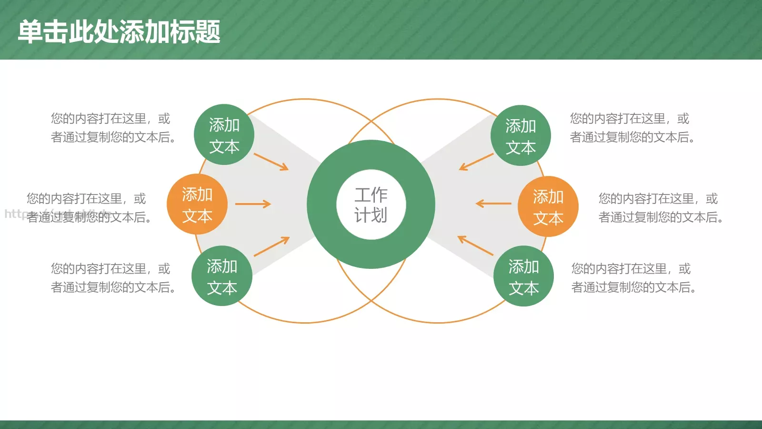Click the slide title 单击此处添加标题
119,32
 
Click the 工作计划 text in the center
371,204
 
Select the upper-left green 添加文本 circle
224,135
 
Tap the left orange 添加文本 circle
197,204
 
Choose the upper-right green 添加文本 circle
521,136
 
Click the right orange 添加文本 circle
548,206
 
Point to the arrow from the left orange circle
253,204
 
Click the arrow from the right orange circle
493,204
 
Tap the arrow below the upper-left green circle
271,162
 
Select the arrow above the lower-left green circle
271,246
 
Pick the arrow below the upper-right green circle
476,162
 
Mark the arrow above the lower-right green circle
475,245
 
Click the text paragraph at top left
113,128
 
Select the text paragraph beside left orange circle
89,208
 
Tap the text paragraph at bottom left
113,278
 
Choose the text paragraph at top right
632,128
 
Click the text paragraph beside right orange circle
661,208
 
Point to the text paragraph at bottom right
633,278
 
